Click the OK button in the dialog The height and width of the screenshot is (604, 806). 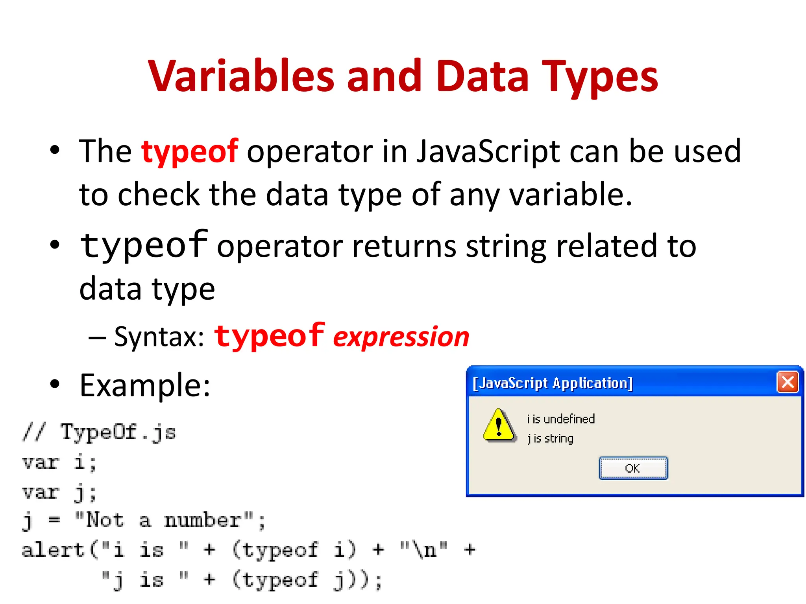(633, 468)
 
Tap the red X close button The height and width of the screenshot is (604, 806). (787, 382)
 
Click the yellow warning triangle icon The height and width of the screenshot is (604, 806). (499, 425)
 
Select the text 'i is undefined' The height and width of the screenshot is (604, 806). (561, 419)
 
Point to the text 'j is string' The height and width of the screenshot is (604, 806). (550, 438)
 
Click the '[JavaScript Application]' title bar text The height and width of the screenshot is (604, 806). (553, 383)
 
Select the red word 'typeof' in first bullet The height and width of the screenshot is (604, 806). (189, 151)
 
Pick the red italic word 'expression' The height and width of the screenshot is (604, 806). (401, 337)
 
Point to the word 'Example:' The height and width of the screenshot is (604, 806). (145, 385)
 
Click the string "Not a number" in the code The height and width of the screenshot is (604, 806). (164, 520)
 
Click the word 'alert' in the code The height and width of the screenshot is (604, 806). (53, 550)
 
